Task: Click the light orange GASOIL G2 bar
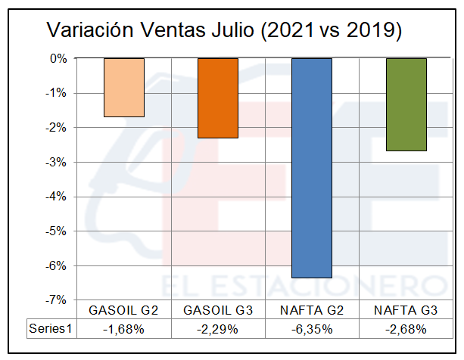point(124,88)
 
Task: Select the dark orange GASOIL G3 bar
point(218,98)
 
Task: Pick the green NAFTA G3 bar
point(406,104)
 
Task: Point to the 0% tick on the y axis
point(58,58)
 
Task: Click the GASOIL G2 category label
point(124,310)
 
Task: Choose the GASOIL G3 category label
point(218,310)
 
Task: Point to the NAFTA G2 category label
point(312,310)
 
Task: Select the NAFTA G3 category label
point(406,310)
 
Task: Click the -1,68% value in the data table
point(124,329)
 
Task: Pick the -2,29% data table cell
point(218,329)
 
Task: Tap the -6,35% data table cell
point(312,329)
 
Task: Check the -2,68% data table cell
point(406,329)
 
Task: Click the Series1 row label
point(50,329)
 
